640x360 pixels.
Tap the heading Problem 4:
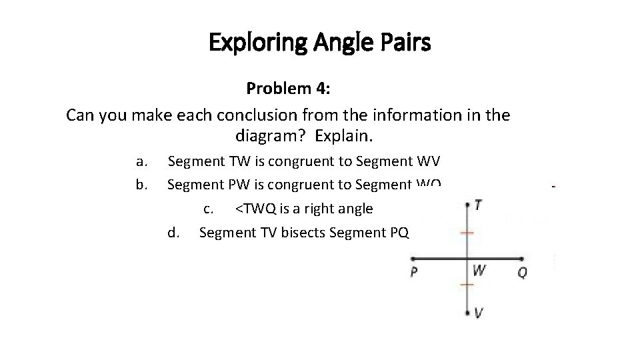pos(288,89)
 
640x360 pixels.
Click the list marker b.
pos(141,184)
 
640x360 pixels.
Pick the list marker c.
pos(208,209)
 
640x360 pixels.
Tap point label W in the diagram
pos(479,271)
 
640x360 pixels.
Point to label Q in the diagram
pos(522,272)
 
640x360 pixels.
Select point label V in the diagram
pos(479,313)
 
